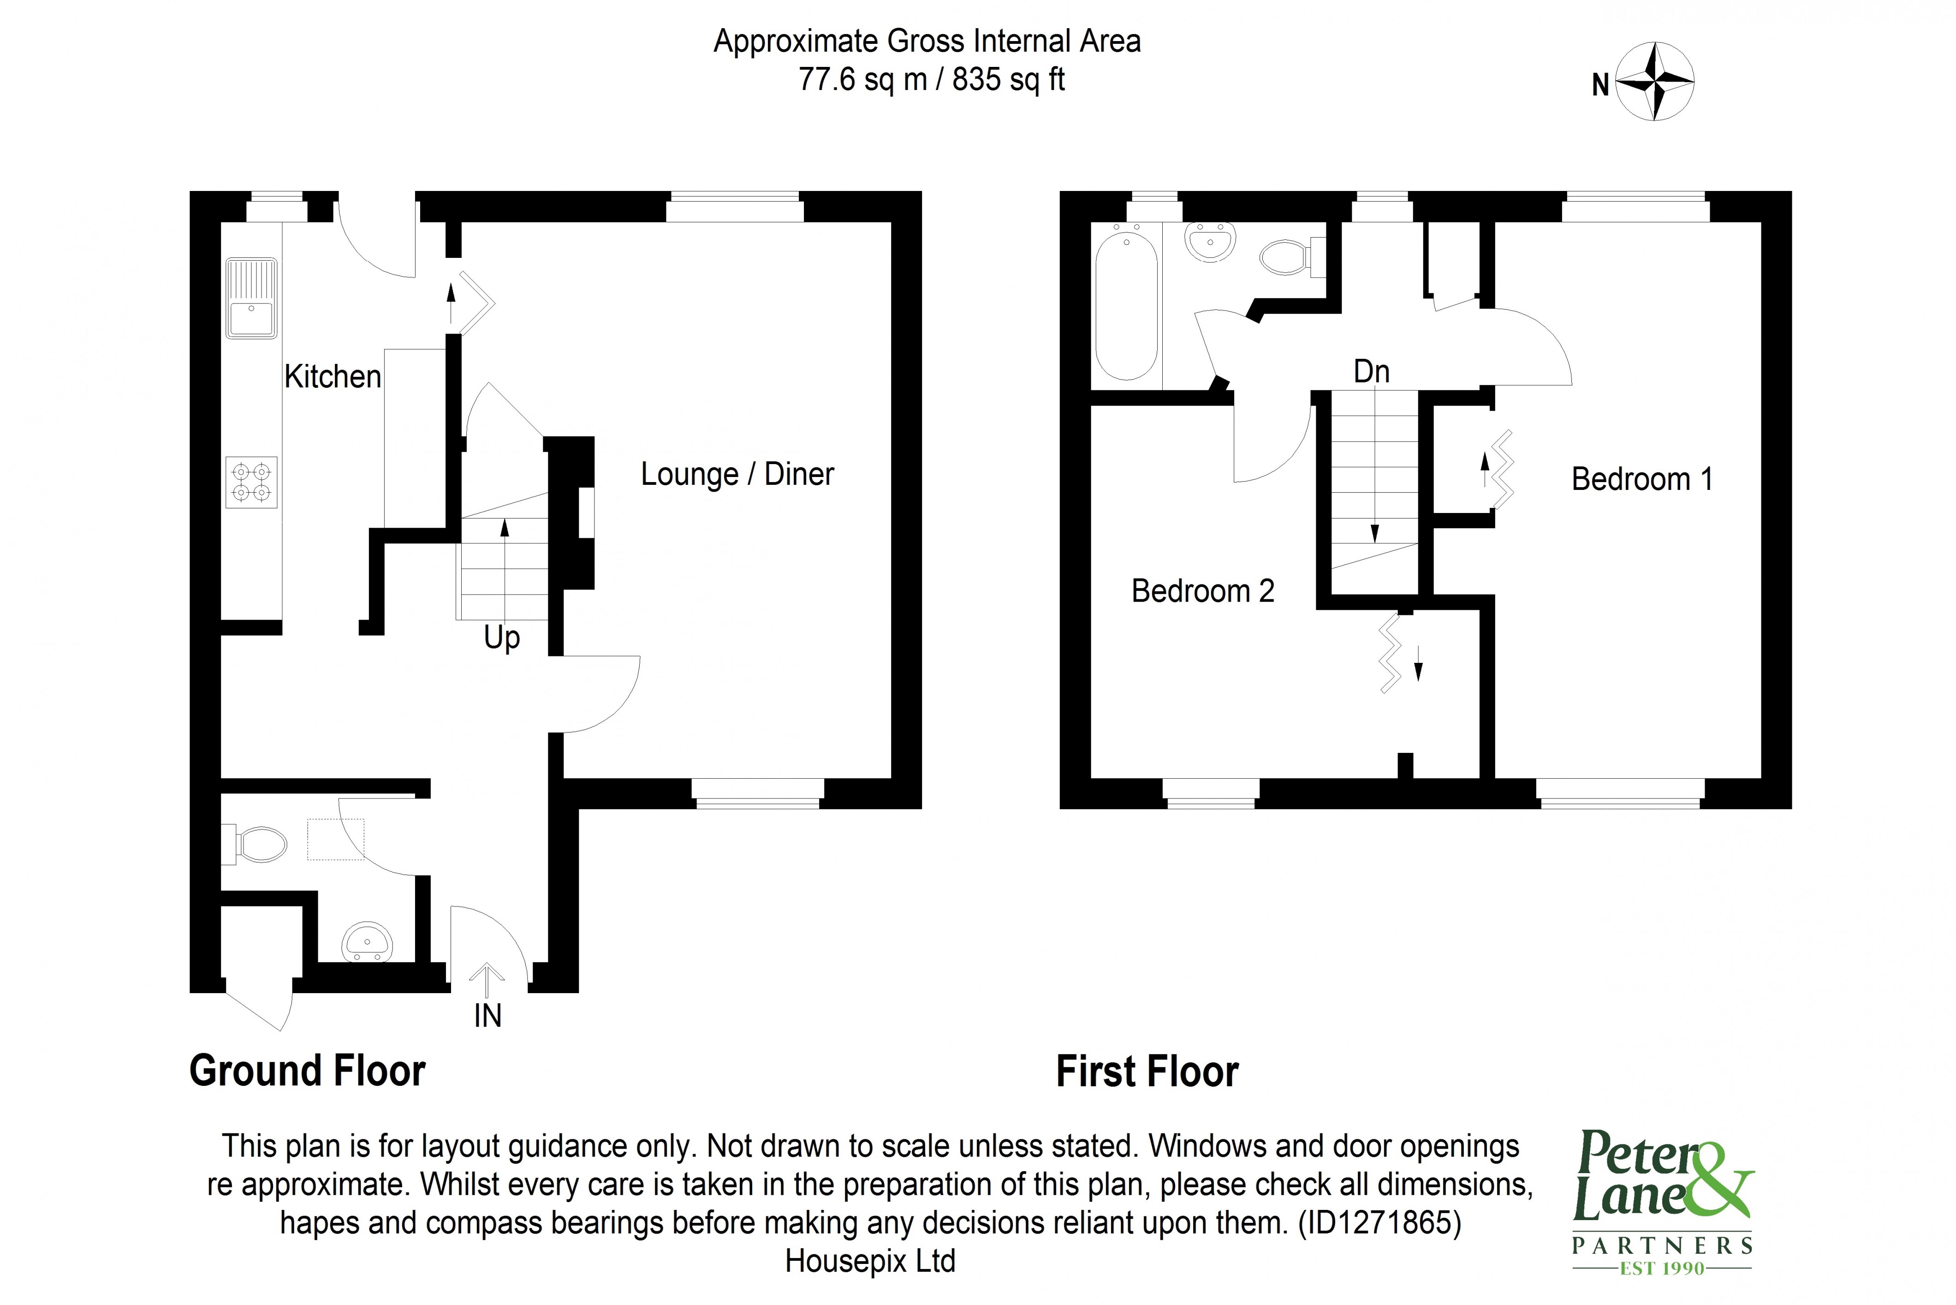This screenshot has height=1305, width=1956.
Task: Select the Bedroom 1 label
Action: click(1641, 479)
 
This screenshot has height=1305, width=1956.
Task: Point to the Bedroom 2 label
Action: click(1202, 591)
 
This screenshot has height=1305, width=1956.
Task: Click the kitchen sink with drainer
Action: click(251, 298)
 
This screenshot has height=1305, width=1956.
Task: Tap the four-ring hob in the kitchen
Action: click(251, 482)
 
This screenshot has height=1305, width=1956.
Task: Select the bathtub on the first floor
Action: click(1126, 306)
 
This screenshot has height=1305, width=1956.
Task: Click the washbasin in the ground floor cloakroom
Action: click(367, 942)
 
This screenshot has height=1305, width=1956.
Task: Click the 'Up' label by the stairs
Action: click(502, 638)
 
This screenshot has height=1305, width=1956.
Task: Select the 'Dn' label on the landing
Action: click(1371, 371)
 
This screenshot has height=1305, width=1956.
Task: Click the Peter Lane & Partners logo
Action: click(1662, 1201)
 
